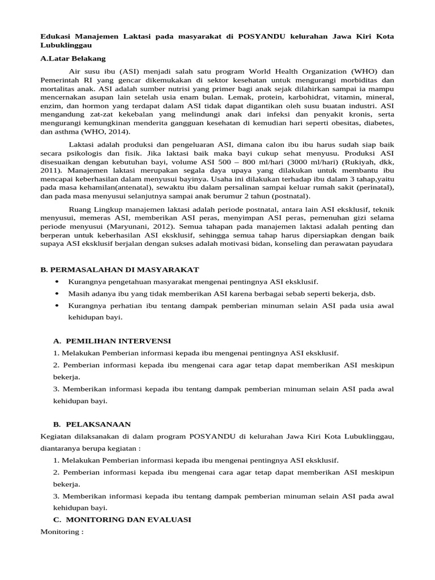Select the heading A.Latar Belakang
(72, 58)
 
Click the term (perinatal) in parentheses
(372, 187)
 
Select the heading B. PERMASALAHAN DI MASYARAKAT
(120, 269)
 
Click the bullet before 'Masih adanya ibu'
(57, 293)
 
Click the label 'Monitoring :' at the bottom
(62, 532)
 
